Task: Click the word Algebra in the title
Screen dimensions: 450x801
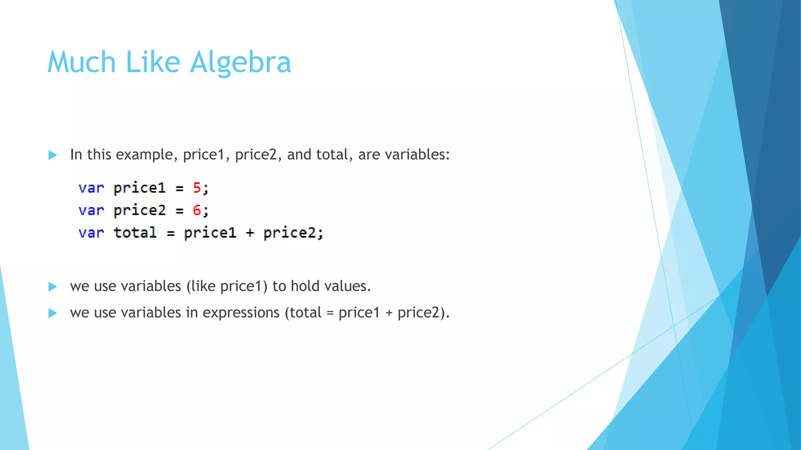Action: (x=241, y=62)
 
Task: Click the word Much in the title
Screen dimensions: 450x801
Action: (x=81, y=62)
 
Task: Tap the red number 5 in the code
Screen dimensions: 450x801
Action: (x=197, y=188)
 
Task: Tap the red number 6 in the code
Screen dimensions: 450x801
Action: (x=197, y=210)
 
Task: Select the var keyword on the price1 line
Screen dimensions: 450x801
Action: (x=91, y=188)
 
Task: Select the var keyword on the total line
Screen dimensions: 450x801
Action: (x=91, y=233)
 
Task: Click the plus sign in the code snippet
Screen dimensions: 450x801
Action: (x=250, y=233)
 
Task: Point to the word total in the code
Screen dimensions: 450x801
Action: (x=135, y=232)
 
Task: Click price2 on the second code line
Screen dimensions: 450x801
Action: (x=140, y=211)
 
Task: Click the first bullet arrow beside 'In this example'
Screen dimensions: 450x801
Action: (x=53, y=155)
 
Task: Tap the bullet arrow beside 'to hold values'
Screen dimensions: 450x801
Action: (x=53, y=287)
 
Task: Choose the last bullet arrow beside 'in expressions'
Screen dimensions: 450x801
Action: (x=53, y=313)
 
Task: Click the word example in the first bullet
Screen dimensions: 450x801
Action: (x=144, y=155)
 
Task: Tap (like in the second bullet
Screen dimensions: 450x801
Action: (x=201, y=286)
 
